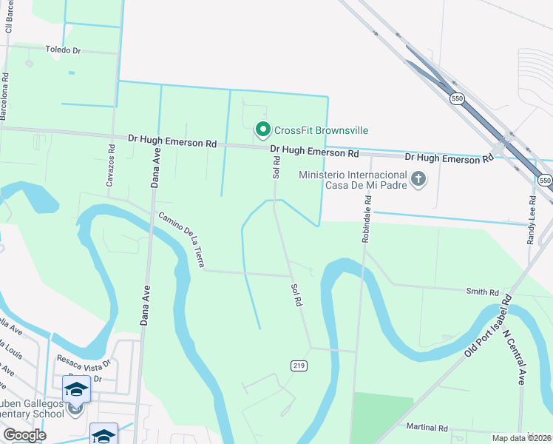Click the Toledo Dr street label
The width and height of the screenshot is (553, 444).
tap(62, 50)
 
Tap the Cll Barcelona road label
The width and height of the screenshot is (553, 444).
tap(10, 16)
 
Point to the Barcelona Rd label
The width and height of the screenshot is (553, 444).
tap(5, 86)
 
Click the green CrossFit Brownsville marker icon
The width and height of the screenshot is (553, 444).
tap(262, 130)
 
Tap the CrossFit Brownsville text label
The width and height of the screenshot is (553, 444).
tap(321, 130)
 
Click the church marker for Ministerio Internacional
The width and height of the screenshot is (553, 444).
tap(418, 179)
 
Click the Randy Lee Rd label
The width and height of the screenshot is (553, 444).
tap(531, 221)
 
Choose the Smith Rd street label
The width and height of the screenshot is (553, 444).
tap(482, 292)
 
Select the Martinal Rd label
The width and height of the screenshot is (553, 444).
tap(427, 428)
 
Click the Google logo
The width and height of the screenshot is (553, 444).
tap(24, 434)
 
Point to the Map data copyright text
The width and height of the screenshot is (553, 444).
tap(521, 438)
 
